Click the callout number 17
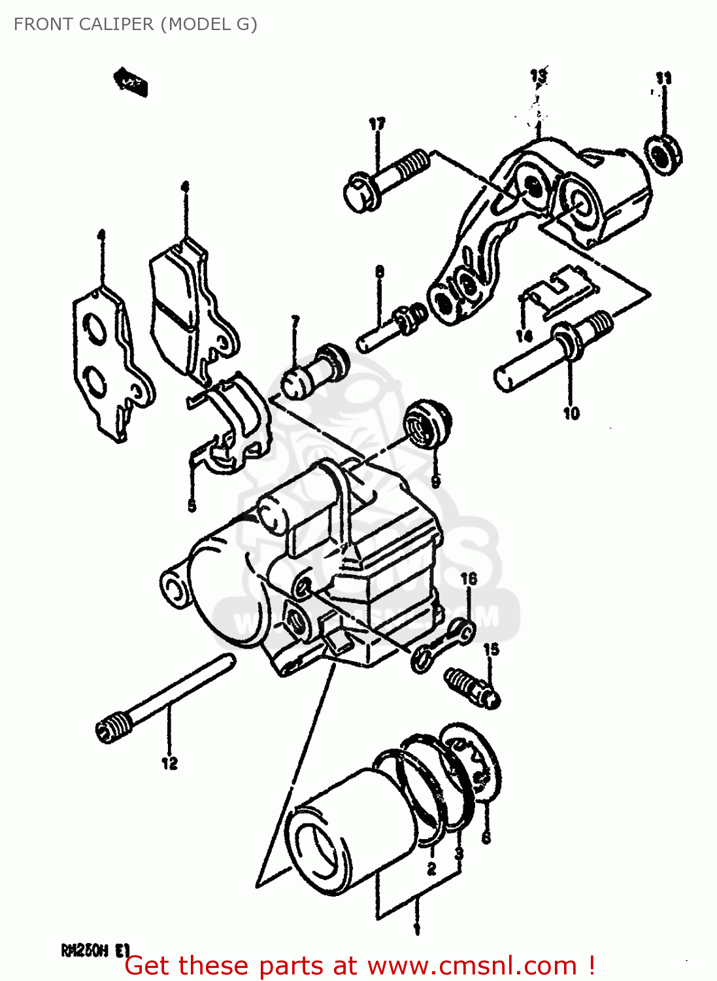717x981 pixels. tap(377, 124)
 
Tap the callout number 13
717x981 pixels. tap(539, 76)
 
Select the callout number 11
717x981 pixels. tap(663, 78)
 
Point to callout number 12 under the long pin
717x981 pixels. tap(169, 763)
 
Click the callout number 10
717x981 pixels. tap(571, 413)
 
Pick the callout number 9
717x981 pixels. tap(436, 481)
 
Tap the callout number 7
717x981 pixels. tap(295, 321)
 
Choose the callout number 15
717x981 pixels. tap(491, 649)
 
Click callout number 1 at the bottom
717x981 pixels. tap(417, 929)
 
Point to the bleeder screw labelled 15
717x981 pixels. tap(473, 687)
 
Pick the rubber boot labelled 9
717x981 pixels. tap(426, 424)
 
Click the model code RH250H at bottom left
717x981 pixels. tap(84, 950)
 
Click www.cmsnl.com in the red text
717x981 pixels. tap(472, 966)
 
